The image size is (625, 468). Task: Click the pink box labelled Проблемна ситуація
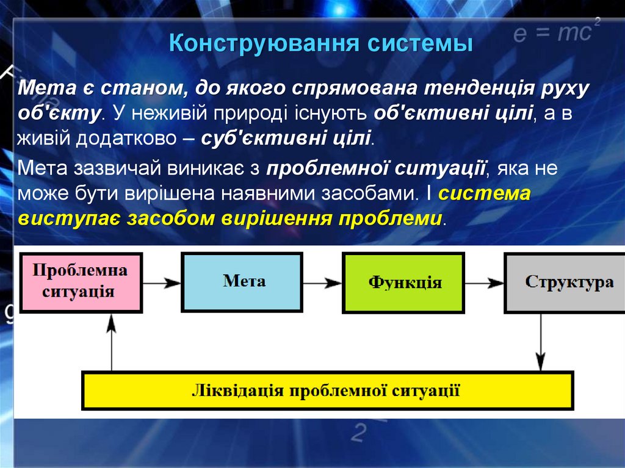tap(81, 281)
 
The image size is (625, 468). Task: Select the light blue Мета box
tap(242, 282)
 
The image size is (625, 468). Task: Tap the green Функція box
tap(403, 283)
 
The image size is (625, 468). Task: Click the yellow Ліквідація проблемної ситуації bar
tap(327, 391)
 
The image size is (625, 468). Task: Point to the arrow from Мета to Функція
tap(323, 283)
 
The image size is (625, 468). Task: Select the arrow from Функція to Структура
tap(485, 283)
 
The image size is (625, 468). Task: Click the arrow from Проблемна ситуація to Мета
tap(162, 283)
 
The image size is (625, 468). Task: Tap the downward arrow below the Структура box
tap(540, 342)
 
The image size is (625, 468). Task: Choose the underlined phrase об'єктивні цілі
tap(452, 113)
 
